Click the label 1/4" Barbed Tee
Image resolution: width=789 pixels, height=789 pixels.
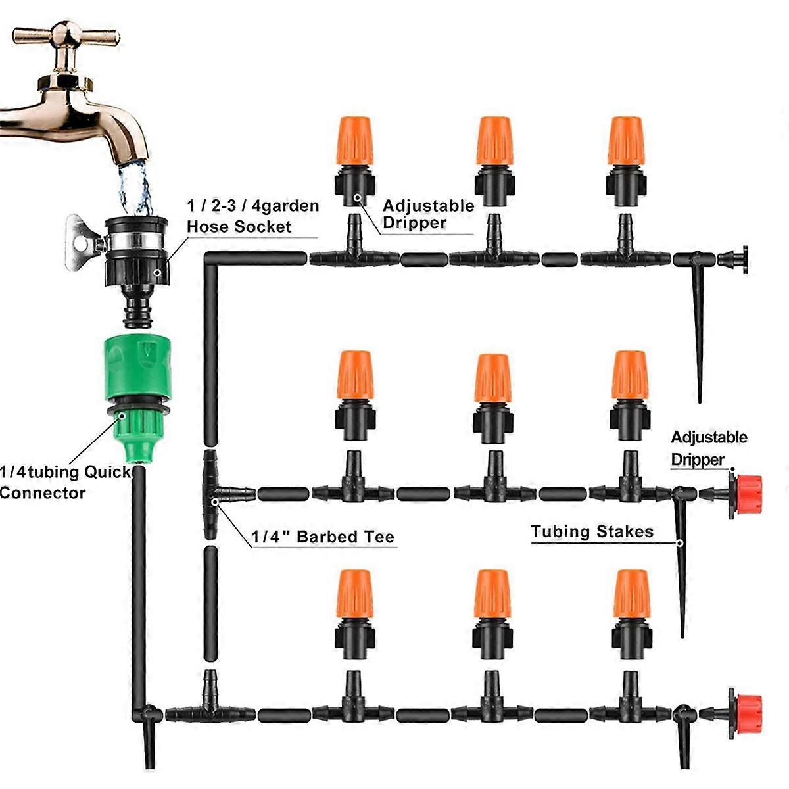(x=323, y=537)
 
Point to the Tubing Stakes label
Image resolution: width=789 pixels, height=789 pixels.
(x=592, y=531)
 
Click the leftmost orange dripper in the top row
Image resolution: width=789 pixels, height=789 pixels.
(x=356, y=158)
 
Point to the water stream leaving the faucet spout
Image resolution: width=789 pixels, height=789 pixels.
(x=135, y=184)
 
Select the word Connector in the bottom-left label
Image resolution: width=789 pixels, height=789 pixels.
(x=43, y=492)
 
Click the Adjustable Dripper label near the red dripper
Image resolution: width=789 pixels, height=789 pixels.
(x=709, y=448)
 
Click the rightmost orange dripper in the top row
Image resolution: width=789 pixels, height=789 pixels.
(x=625, y=158)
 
